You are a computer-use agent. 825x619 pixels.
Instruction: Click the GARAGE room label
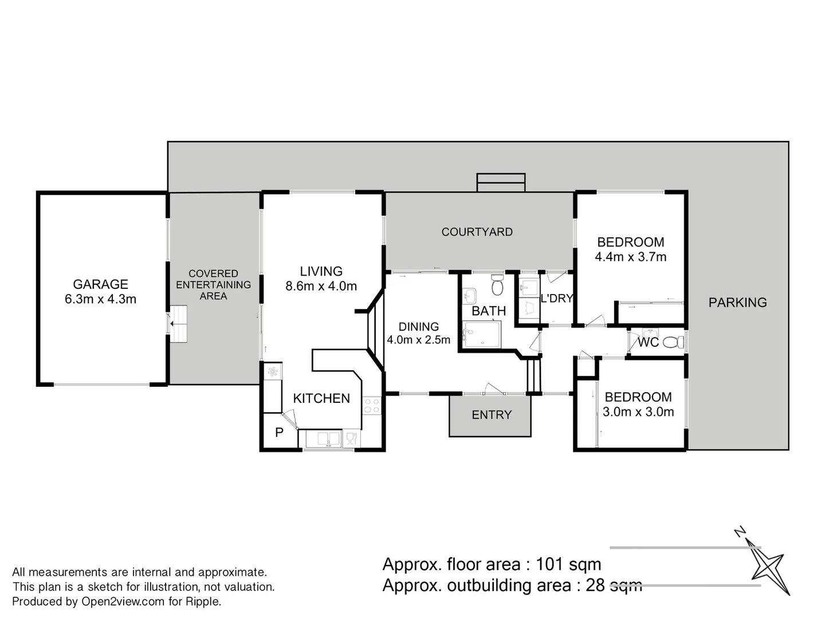pos(100,284)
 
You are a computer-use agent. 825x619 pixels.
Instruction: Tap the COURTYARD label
pos(477,232)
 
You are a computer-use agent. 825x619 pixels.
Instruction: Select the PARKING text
pos(737,302)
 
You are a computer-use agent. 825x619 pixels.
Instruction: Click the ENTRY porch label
pos(492,414)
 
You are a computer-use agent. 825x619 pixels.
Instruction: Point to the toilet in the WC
pos(673,342)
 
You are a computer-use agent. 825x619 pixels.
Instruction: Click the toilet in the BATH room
pos(497,284)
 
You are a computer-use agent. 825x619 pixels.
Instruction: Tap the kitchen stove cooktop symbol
pos(372,406)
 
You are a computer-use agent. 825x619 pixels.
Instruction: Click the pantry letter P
pos(279,432)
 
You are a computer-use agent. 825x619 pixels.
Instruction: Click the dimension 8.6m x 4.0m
pos(321,286)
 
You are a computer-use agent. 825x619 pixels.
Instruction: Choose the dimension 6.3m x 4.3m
pos(100,299)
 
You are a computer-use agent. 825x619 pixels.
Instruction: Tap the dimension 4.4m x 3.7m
pos(631,257)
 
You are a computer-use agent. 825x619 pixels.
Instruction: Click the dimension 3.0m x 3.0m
pos(638,412)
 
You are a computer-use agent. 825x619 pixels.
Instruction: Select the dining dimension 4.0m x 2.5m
pos(418,340)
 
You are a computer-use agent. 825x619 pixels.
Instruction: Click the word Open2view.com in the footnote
pos(123,602)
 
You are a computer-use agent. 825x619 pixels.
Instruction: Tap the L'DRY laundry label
pos(557,299)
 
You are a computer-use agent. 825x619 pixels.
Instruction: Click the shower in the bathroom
pos(481,334)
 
